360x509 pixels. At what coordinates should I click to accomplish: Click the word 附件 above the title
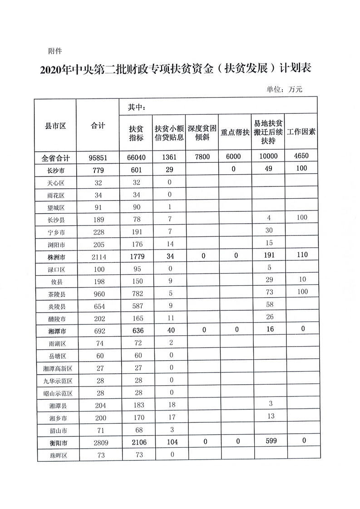point(54,50)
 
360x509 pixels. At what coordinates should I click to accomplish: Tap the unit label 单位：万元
point(284,89)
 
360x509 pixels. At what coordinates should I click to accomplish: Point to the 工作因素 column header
point(302,132)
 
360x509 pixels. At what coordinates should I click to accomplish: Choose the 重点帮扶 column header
point(235,133)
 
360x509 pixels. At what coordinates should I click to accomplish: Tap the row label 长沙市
point(56,170)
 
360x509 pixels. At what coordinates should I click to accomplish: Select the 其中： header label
point(136,108)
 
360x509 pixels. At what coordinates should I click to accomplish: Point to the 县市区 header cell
point(56,126)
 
